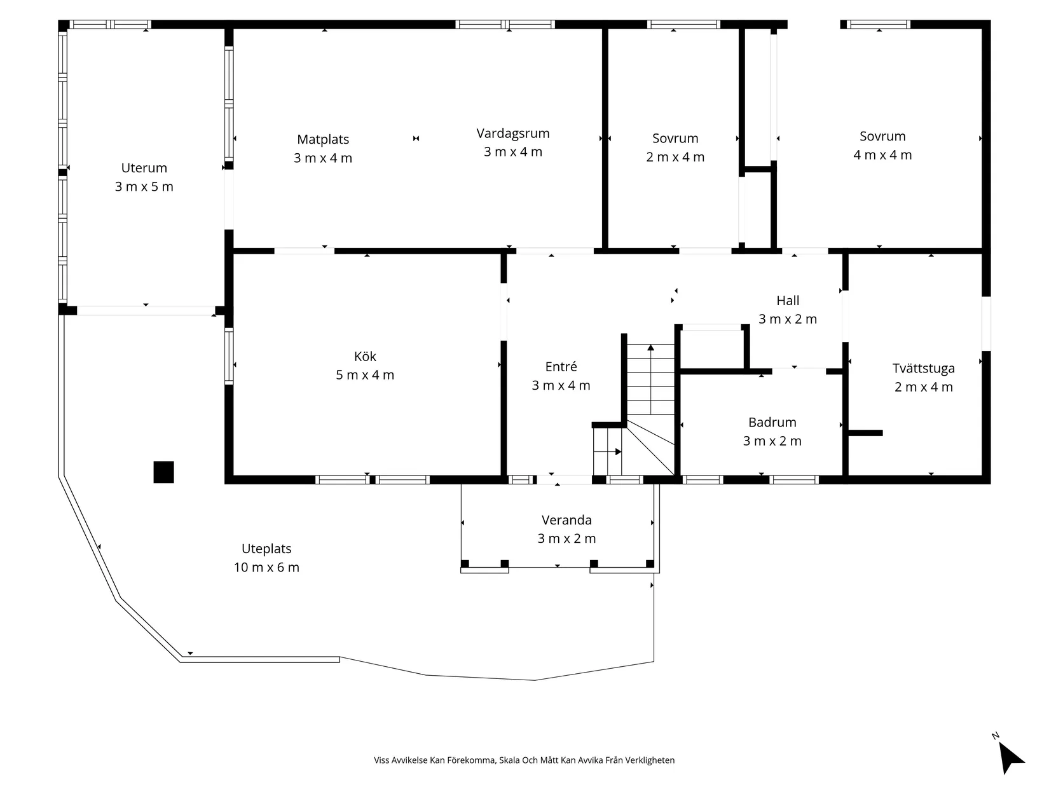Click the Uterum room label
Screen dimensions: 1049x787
[144, 168]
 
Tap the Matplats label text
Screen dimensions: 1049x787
[322, 139]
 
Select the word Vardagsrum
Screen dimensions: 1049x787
[513, 133]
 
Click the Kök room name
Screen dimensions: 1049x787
[365, 356]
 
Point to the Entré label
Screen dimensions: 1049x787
[561, 367]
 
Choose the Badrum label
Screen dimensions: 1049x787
[772, 422]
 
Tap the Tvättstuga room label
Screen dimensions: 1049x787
[923, 369]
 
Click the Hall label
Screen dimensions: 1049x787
[788, 301]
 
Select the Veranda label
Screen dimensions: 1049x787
[566, 520]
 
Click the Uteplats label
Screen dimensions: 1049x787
[266, 549]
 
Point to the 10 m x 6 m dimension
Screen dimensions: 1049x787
[266, 567]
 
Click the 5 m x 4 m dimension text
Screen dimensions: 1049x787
[365, 374]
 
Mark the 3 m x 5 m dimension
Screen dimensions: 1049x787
[144, 186]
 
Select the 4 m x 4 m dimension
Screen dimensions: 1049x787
[882, 155]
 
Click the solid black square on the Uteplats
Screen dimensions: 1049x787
[163, 472]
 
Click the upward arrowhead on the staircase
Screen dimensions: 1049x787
[650, 348]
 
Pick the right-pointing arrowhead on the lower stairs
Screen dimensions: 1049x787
[619, 451]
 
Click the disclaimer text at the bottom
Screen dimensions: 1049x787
[524, 760]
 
